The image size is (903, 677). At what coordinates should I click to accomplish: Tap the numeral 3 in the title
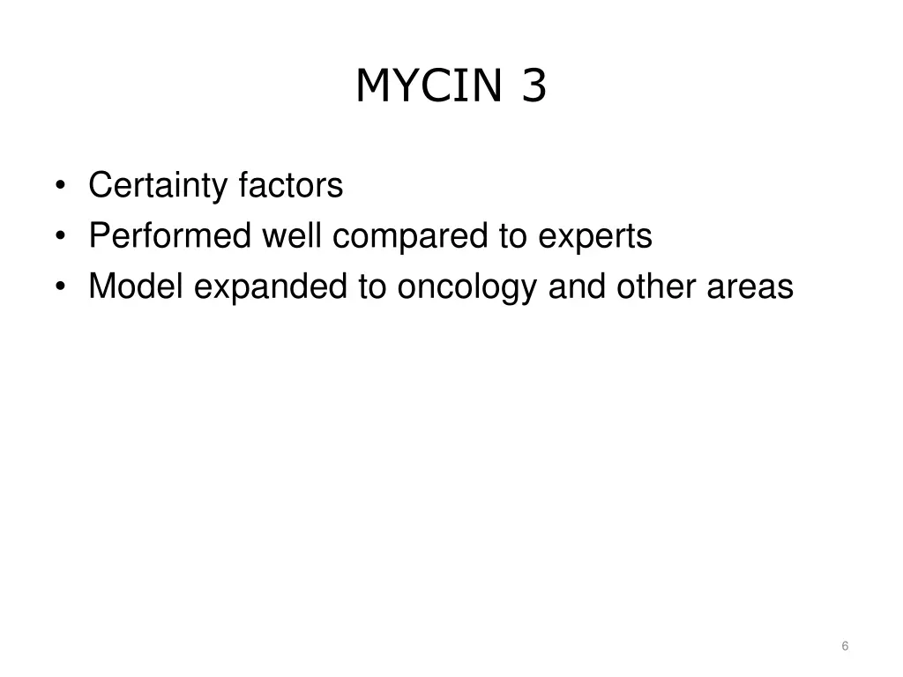[534, 86]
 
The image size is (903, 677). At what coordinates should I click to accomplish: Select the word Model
[135, 286]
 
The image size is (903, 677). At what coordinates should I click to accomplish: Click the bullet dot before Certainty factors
[60, 187]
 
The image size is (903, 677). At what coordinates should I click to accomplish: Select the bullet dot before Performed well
[60, 237]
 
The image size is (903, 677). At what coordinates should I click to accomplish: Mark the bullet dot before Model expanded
[60, 287]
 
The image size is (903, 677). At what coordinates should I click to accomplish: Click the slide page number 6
[845, 646]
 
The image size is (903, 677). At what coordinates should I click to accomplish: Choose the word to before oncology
[371, 286]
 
